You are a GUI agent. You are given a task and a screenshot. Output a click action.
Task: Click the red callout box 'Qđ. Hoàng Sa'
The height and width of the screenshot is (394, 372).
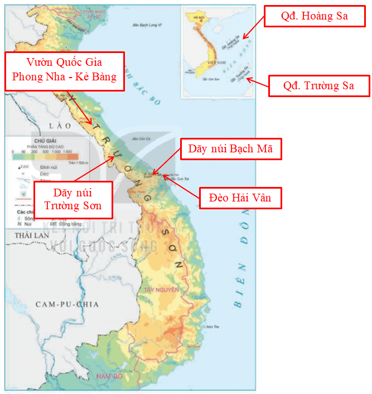(315, 17)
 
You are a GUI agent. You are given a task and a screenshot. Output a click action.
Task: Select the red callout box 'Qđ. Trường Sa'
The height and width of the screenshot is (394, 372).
(318, 86)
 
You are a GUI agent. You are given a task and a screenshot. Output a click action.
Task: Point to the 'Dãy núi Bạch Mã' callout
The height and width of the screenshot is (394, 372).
(230, 149)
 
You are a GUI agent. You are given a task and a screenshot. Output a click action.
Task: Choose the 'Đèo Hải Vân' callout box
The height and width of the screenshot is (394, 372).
(240, 198)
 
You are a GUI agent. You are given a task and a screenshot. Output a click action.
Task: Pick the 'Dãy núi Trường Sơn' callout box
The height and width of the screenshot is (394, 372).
(73, 200)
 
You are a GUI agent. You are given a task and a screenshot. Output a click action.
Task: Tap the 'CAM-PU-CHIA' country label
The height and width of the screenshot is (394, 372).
(67, 304)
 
